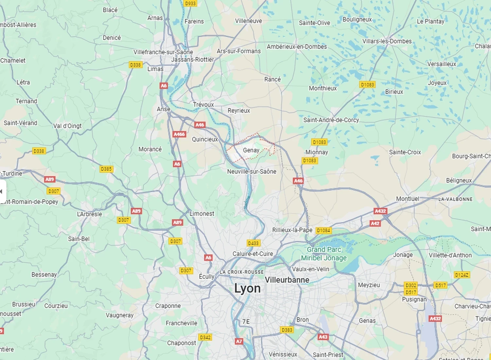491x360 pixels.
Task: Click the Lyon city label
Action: [247, 289]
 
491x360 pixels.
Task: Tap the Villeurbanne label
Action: [287, 280]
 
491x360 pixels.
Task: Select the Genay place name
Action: [251, 150]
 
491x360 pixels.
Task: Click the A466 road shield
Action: [179, 134]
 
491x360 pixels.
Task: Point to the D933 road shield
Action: [190, 3]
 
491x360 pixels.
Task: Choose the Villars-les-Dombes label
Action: [387, 41]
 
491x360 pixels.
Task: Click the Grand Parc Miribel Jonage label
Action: [324, 254]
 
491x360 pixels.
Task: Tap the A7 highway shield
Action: [239, 341]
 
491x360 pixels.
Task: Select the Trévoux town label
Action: [203, 105]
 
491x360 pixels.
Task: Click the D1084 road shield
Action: [323, 230]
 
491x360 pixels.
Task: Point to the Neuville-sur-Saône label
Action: [252, 171]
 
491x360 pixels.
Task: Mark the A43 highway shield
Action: [323, 337]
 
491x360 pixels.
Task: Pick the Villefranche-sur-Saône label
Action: [163, 52]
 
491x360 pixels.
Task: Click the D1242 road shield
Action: [462, 275]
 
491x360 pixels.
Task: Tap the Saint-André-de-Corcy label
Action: [331, 120]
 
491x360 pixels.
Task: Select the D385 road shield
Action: [106, 169]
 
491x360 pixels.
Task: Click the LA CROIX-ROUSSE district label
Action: [242, 272]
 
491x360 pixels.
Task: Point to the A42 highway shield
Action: [375, 224]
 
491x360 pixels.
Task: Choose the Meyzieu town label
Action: [369, 285]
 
